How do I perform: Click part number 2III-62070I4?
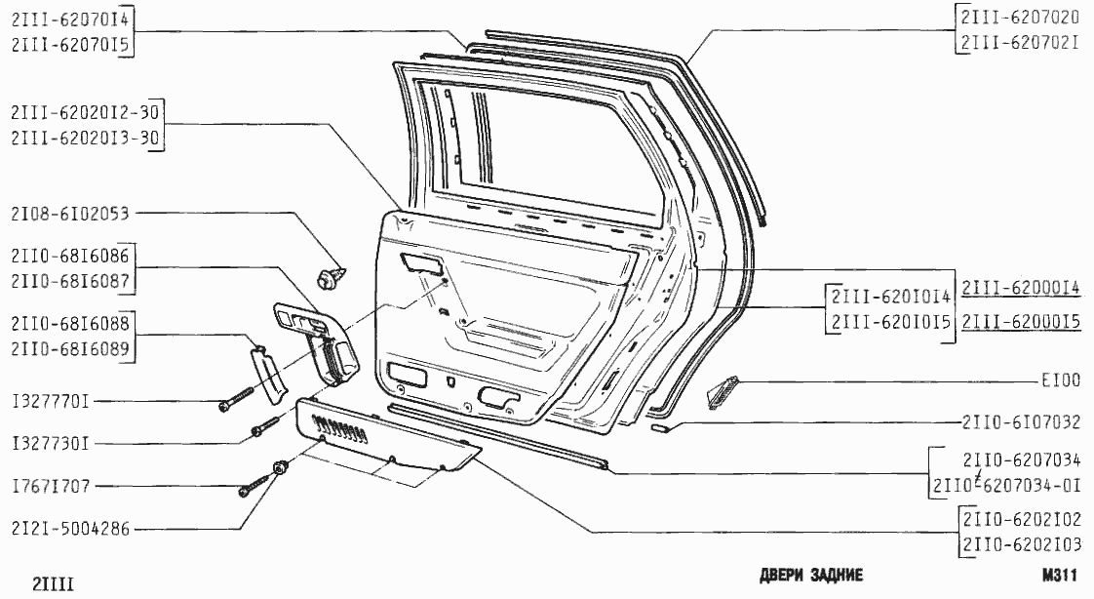pyautogui.click(x=71, y=20)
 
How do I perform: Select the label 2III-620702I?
pyautogui.click(x=1020, y=43)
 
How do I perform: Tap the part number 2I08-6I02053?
pyautogui.click(x=71, y=214)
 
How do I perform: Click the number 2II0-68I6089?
pyautogui.click(x=71, y=347)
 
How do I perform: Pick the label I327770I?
pyautogui.click(x=51, y=401)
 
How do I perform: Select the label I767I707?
pyautogui.click(x=51, y=486)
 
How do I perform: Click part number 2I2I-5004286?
pyautogui.click(x=71, y=530)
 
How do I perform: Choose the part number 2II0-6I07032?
pyautogui.click(x=1020, y=421)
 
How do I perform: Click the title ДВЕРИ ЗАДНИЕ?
pyautogui.click(x=810, y=575)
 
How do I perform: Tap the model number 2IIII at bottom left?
pyautogui.click(x=54, y=583)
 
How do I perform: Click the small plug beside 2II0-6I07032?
pyautogui.click(x=659, y=426)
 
